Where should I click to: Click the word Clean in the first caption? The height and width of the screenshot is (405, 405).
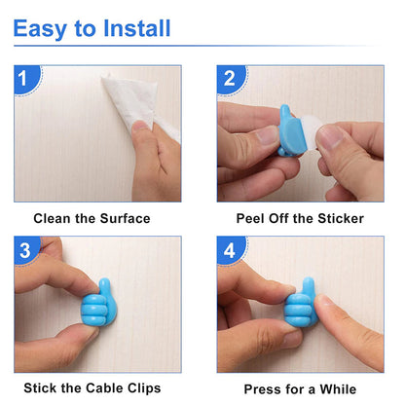(54, 218)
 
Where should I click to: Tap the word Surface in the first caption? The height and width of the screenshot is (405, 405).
(126, 218)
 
